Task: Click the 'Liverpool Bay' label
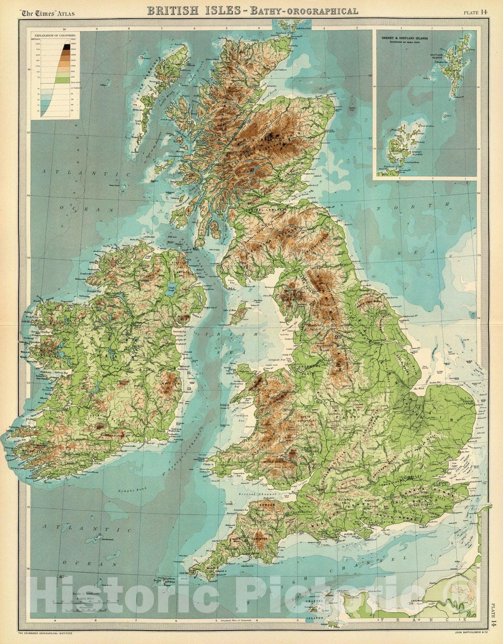coord(277,358)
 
